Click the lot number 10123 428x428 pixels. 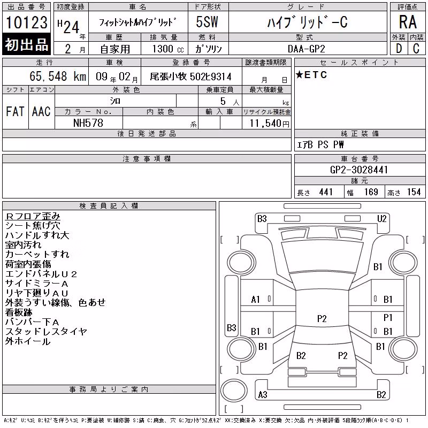[26, 22]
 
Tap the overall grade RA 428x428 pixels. [408, 22]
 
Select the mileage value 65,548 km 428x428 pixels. [58, 76]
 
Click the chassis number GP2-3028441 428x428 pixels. [359, 170]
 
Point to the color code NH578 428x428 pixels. [88, 123]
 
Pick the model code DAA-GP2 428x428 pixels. [307, 49]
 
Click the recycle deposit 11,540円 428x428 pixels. [270, 124]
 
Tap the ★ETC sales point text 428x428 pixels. [311, 75]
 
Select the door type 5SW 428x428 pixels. [207, 22]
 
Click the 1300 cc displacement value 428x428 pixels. [168, 49]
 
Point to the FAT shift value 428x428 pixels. [15, 111]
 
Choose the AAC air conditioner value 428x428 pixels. [41, 111]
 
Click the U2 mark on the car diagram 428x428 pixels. [381, 219]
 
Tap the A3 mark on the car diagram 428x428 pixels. [263, 395]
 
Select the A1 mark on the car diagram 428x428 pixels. [255, 300]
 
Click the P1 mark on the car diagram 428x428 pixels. [387, 317]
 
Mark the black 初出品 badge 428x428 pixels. [26, 44]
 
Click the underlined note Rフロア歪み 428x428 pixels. [33, 216]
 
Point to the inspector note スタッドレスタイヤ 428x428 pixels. [46, 332]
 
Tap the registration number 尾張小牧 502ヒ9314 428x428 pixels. [191, 77]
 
